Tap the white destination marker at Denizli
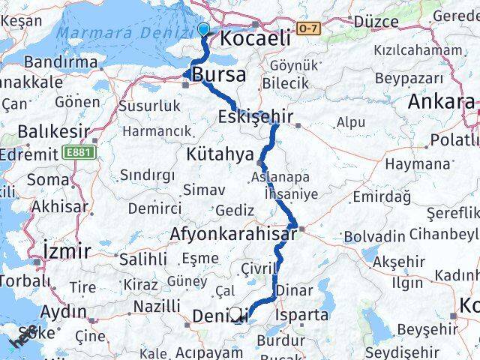(x=236, y=315)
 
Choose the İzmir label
(x=67, y=250)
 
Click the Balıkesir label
(x=47, y=131)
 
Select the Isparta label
(x=303, y=315)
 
